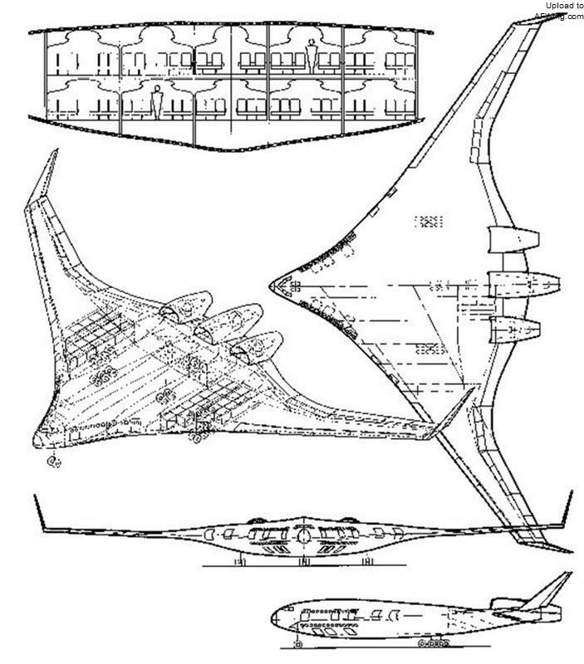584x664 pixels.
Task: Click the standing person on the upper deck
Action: [312, 56]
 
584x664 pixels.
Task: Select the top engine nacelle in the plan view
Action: [507, 241]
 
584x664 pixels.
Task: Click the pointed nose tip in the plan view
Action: [272, 285]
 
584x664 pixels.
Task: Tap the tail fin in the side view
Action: [549, 591]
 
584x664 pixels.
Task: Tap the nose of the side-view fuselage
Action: [274, 618]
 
